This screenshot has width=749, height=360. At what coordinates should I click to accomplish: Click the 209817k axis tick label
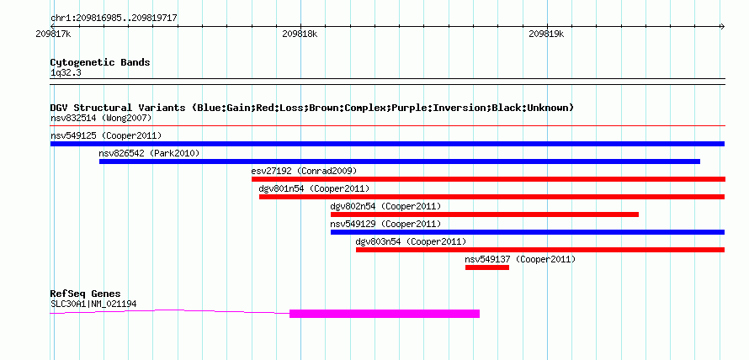pos(54,34)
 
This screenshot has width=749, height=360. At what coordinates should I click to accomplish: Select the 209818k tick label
pos(300,34)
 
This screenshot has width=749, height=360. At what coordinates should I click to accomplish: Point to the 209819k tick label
pos(546,34)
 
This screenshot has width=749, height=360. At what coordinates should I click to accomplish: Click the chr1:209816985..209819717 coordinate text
pos(114,19)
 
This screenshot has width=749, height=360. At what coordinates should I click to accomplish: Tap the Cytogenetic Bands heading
pos(100,62)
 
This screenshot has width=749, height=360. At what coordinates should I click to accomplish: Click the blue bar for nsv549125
pos(387,144)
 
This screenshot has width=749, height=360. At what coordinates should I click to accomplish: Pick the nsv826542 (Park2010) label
pos(149,153)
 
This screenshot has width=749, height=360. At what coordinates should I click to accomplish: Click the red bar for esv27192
pos(488,179)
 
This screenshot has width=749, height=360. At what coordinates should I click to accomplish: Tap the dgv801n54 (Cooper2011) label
pos(314,188)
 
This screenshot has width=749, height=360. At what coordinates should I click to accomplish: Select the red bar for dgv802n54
pos(485,214)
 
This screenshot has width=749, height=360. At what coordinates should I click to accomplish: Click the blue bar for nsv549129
pos(528,232)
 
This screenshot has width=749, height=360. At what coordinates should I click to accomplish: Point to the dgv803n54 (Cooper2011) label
pos(411,241)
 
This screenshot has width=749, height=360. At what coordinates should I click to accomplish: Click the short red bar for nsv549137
pos(487,267)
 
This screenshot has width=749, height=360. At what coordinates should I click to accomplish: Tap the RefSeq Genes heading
pos(86,294)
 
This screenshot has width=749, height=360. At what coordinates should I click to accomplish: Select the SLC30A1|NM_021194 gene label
pos(94,304)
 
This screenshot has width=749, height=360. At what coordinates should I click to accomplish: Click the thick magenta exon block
pos(385,313)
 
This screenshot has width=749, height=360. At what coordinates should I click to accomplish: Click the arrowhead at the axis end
pos(722,26)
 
